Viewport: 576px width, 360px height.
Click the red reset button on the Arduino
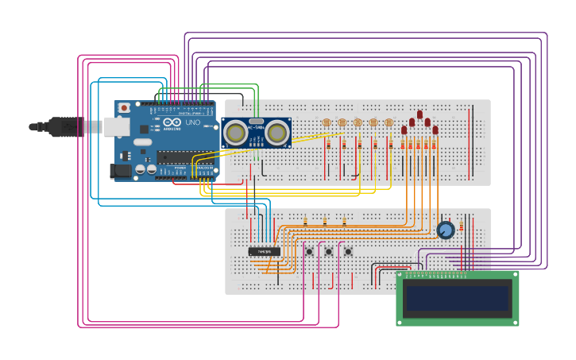(x=124, y=108)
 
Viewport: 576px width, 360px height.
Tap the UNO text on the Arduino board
(x=192, y=123)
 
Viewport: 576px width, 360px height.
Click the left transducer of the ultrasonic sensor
(x=235, y=133)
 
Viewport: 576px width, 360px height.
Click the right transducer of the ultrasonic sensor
(x=276, y=133)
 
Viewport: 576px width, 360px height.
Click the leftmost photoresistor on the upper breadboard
(x=327, y=122)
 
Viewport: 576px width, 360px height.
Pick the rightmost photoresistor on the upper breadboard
(x=389, y=122)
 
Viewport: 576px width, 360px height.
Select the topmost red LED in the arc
(x=419, y=114)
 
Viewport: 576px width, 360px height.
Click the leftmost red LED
(x=404, y=130)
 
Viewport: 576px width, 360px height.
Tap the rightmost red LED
(x=435, y=130)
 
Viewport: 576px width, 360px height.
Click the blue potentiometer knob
(x=446, y=230)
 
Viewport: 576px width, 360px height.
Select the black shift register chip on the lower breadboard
(x=265, y=251)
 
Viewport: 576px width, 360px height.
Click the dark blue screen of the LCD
(x=457, y=298)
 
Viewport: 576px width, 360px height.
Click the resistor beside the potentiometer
(x=462, y=226)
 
